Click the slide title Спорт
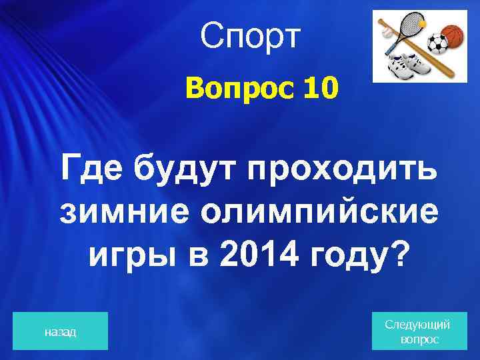point(250,39)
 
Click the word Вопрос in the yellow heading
point(231,89)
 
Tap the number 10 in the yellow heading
point(321,89)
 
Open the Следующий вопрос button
point(418,331)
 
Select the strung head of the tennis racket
point(411,25)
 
